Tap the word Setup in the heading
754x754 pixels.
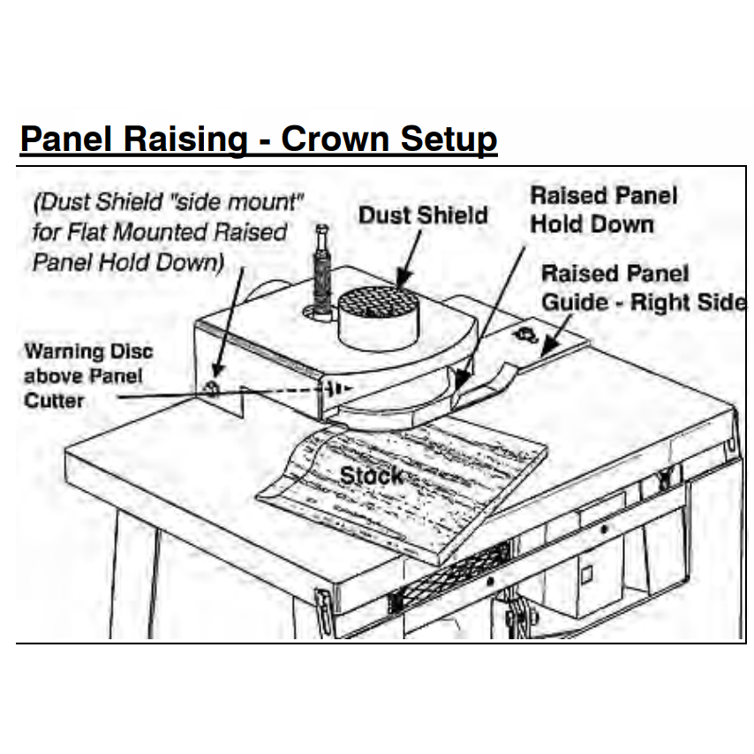pyautogui.click(x=449, y=139)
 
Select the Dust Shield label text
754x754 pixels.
pyautogui.click(x=422, y=215)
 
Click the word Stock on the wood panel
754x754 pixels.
pyautogui.click(x=371, y=476)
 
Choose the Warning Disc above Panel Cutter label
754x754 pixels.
pyautogui.click(x=87, y=375)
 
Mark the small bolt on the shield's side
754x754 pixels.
pyautogui.click(x=212, y=388)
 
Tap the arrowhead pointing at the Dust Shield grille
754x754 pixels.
pyautogui.click(x=404, y=284)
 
